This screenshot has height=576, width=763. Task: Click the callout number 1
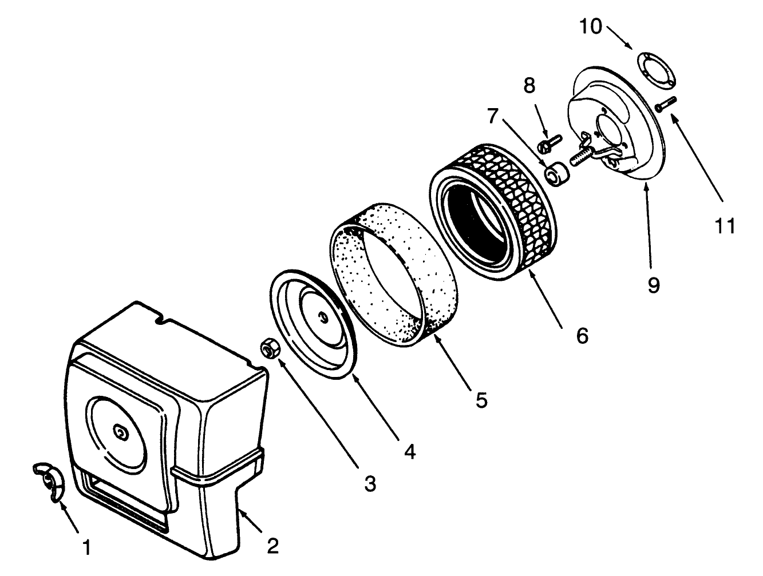pos(86,547)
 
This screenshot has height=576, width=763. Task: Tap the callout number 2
pos(273,546)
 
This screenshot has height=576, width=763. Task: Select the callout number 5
pos(481,400)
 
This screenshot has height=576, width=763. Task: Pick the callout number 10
pos(591,26)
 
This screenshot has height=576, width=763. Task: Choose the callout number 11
pos(725,226)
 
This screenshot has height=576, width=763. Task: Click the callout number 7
pos(493,116)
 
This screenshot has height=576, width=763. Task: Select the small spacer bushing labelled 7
pos(557,173)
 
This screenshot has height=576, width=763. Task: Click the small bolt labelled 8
pos(550,144)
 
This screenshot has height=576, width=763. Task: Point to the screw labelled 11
pos(666,104)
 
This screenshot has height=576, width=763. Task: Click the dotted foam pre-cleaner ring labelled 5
pos(394,275)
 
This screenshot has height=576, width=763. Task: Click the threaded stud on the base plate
pos(581,158)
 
